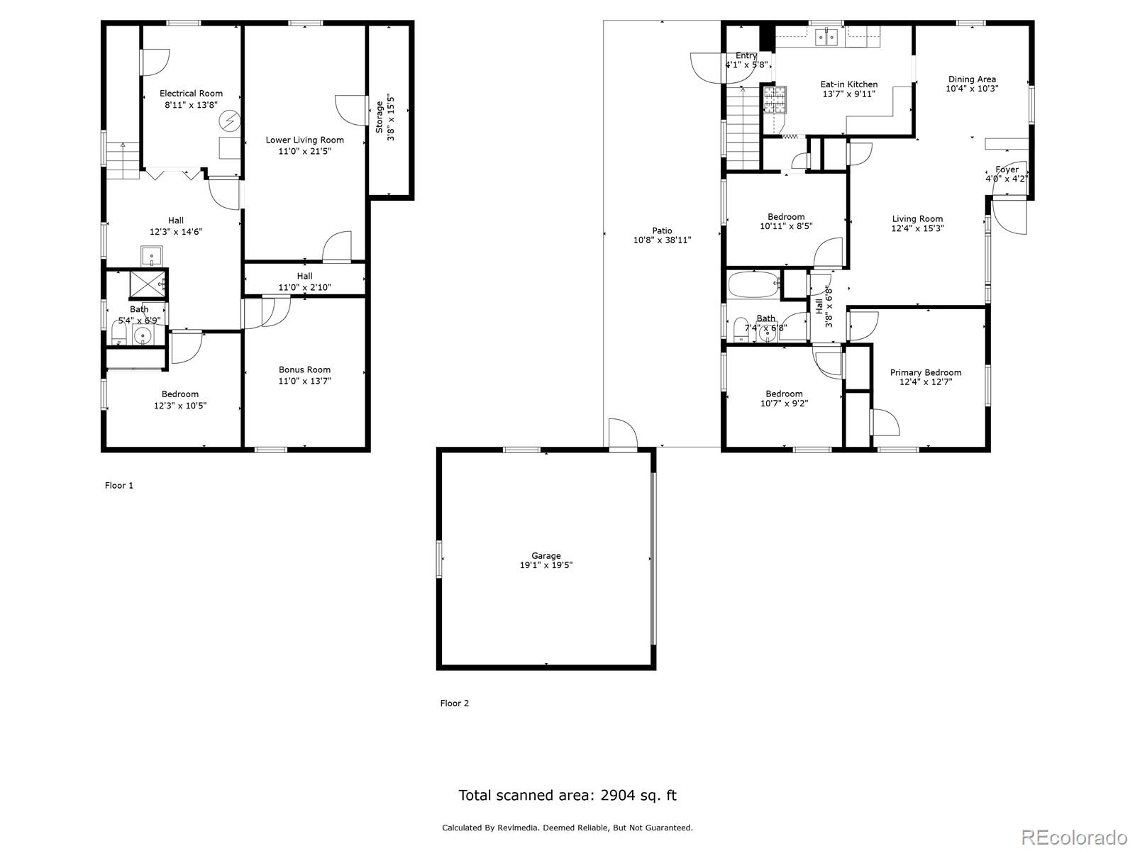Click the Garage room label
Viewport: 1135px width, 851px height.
pyautogui.click(x=546, y=555)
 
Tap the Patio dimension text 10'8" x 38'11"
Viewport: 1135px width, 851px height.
pyautogui.click(x=662, y=240)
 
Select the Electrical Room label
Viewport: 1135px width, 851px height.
pyautogui.click(x=191, y=93)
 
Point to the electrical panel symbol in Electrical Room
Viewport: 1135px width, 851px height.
pyautogui.click(x=230, y=121)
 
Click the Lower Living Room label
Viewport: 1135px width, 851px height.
pyautogui.click(x=304, y=140)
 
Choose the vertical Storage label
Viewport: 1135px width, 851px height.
pyautogui.click(x=380, y=117)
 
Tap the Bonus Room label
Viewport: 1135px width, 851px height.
pyautogui.click(x=304, y=369)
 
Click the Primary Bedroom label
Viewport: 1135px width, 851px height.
pyautogui.click(x=926, y=372)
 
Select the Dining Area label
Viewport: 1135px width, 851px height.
pyautogui.click(x=972, y=79)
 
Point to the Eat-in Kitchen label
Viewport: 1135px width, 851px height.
pyautogui.click(x=849, y=84)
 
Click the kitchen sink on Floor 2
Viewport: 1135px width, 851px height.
pyautogui.click(x=826, y=37)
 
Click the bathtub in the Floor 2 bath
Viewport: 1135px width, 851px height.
pyautogui.click(x=754, y=284)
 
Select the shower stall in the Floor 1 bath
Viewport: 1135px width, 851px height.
pyautogui.click(x=148, y=284)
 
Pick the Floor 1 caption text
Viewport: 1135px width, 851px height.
pyautogui.click(x=119, y=485)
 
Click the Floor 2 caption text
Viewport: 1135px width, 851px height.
pyautogui.click(x=455, y=703)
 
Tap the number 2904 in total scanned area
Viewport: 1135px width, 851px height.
pyautogui.click(x=617, y=795)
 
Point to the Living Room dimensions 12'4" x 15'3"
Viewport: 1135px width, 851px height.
pyautogui.click(x=917, y=228)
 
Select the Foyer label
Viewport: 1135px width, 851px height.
pyautogui.click(x=1007, y=169)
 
